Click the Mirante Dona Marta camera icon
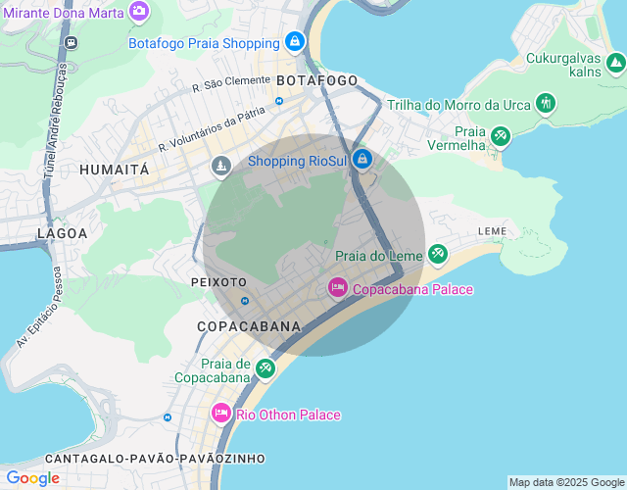pyautogui.click(x=139, y=10)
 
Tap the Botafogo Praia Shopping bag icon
pyautogui.click(x=294, y=42)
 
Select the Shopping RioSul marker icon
pyautogui.click(x=362, y=160)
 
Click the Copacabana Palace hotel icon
pyautogui.click(x=337, y=288)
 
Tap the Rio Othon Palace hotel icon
pyautogui.click(x=220, y=415)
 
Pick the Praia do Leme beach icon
pyautogui.click(x=437, y=255)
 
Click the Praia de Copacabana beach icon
pyautogui.click(x=265, y=368)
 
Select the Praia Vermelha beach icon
pyautogui.click(x=501, y=136)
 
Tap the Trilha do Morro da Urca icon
pyautogui.click(x=546, y=104)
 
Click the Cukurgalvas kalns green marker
pyautogui.click(x=614, y=65)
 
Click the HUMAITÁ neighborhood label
pyautogui.click(x=115, y=170)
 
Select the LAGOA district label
pyautogui.click(x=62, y=233)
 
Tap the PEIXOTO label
pyautogui.click(x=218, y=281)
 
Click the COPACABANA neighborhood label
pyautogui.click(x=249, y=325)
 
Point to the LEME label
pyautogui.click(x=492, y=231)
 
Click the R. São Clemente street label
pyautogui.click(x=230, y=86)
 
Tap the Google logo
pyautogui.click(x=32, y=478)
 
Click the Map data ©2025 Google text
pyautogui.click(x=566, y=482)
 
